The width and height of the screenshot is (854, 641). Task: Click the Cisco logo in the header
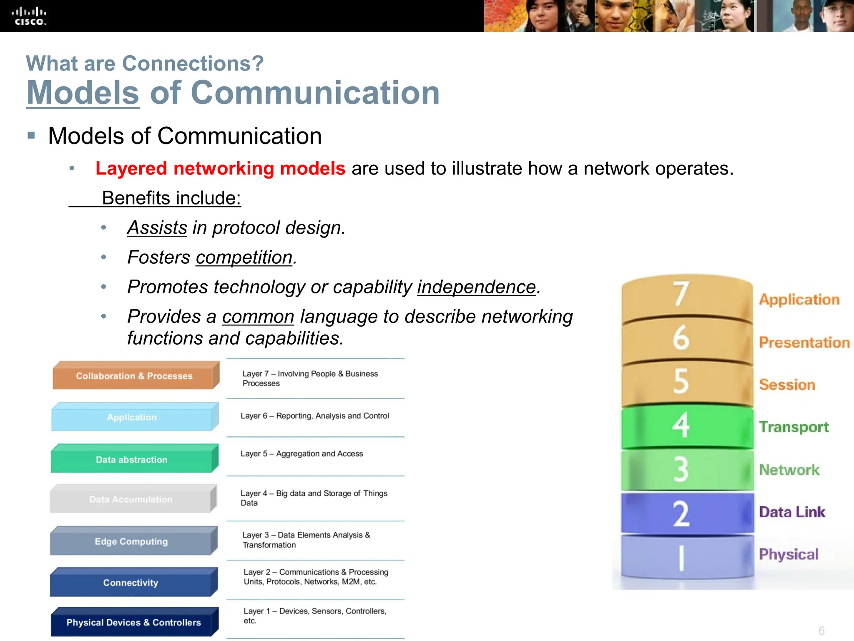tap(29, 16)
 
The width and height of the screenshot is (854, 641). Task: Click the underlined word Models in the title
tap(83, 93)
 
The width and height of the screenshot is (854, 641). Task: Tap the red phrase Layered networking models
tap(220, 169)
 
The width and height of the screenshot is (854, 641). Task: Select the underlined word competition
tap(244, 257)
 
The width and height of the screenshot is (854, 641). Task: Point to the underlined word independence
tap(476, 287)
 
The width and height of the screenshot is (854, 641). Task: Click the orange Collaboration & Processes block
tap(134, 376)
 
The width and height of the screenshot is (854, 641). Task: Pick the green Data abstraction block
tap(132, 459)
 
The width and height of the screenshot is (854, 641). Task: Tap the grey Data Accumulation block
tap(131, 500)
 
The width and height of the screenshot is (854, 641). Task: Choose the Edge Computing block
tap(131, 541)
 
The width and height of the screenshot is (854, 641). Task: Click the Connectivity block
tap(131, 583)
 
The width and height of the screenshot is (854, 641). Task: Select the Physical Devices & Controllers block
tap(133, 622)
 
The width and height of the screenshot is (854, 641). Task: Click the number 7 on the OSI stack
tap(681, 294)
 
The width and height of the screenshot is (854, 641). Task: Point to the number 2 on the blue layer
tap(681, 513)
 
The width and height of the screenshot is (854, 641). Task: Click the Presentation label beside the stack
tap(804, 343)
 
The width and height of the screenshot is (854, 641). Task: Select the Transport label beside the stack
tap(794, 427)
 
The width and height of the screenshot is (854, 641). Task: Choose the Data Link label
tap(792, 512)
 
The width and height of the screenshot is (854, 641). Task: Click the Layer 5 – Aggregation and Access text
tap(301, 454)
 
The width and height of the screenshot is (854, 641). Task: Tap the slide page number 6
tap(821, 630)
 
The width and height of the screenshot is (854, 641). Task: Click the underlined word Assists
tap(157, 228)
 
